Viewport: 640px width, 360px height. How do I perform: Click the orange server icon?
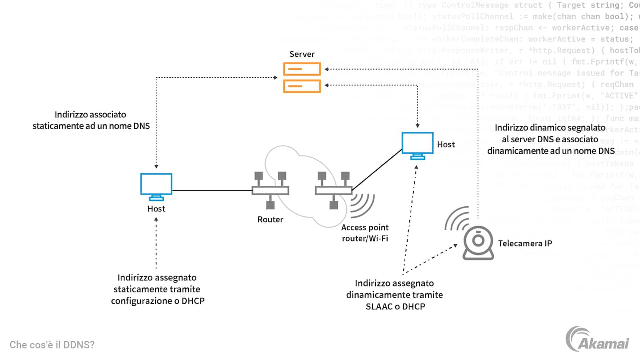[x=302, y=77]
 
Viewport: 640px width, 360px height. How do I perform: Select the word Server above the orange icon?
[x=302, y=54]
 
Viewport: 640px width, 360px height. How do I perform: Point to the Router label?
[x=270, y=219]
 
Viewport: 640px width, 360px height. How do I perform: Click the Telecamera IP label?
[x=525, y=243]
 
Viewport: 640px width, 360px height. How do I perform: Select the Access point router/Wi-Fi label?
[x=364, y=233]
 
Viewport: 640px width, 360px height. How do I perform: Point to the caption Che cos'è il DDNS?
[x=52, y=344]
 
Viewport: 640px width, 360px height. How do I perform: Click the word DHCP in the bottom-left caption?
[x=193, y=301]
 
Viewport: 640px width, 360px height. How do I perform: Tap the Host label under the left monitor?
[x=156, y=208]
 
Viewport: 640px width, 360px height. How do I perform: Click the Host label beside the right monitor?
[x=446, y=144]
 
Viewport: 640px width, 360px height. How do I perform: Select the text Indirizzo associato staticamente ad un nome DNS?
[x=91, y=120]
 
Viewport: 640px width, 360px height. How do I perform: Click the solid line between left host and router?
[x=212, y=191]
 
